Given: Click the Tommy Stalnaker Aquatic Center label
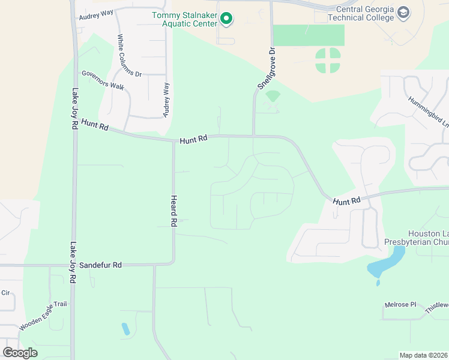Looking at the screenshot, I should pyautogui.click(x=183, y=19).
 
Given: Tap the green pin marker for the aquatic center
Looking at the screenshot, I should pyautogui.click(x=226, y=19).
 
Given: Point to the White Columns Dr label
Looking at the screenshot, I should pyautogui.click(x=129, y=55).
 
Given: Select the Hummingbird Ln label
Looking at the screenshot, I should pyautogui.click(x=428, y=111).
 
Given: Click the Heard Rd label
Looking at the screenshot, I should pyautogui.click(x=173, y=211).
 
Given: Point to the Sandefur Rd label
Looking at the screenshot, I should pyautogui.click(x=100, y=265).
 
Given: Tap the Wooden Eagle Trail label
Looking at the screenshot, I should pyautogui.click(x=43, y=316).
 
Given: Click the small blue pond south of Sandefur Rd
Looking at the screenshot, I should pyautogui.click(x=125, y=328).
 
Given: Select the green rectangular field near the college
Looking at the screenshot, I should pyautogui.click(x=309, y=35).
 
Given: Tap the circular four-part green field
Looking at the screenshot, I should pyautogui.click(x=327, y=60).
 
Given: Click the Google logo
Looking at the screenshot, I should pyautogui.click(x=19, y=353).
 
